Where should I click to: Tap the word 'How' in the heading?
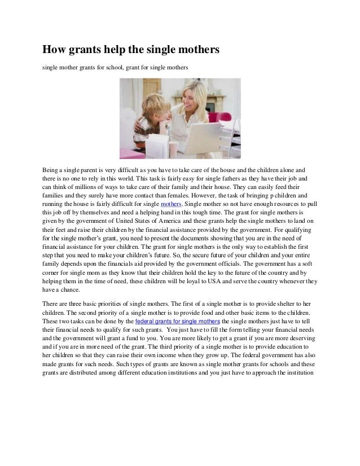click(56, 51)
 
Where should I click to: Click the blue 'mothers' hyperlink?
click(171, 203)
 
